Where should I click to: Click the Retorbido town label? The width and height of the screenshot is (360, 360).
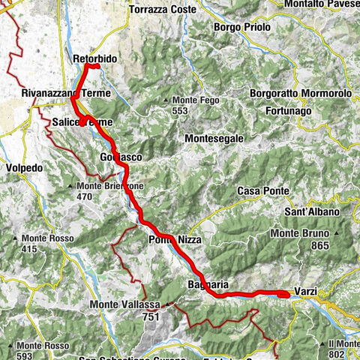96,57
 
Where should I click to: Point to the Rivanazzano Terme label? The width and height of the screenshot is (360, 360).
65,94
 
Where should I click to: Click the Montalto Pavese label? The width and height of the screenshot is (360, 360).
322,4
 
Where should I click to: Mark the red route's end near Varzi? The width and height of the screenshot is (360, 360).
285,295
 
